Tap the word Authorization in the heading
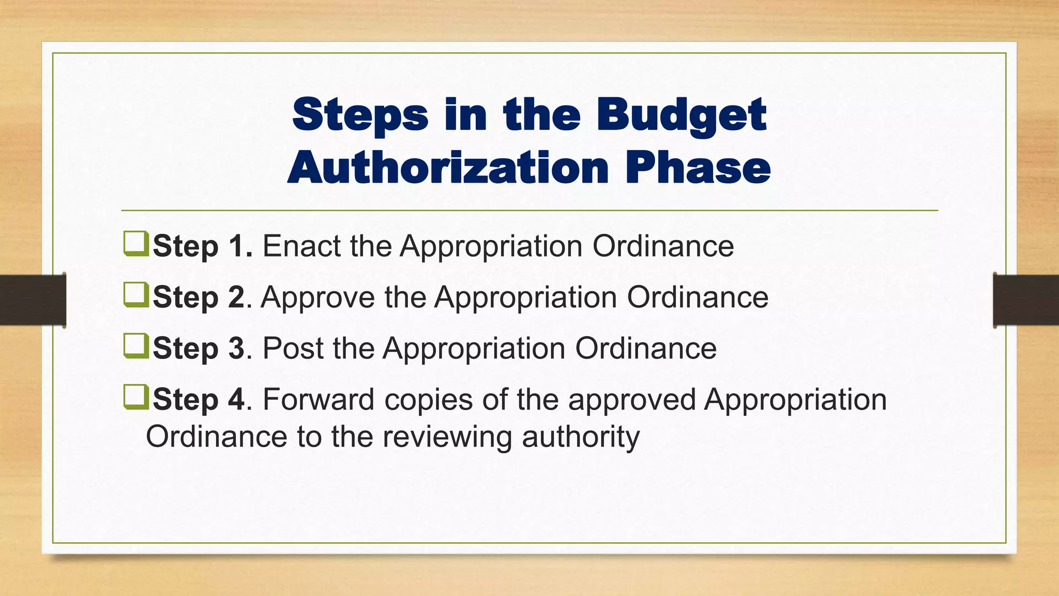coord(448,168)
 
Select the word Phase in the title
coord(698,168)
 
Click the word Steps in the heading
coord(360,115)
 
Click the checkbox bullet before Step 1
coord(136,244)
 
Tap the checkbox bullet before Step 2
coord(136,295)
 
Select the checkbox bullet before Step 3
coord(136,346)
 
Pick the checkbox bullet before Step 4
coord(136,397)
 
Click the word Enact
coord(301,246)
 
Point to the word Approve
coord(317,297)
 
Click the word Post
coord(293,348)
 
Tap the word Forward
coord(318,399)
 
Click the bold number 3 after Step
coord(236,348)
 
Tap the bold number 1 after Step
coord(239,246)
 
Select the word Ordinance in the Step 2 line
coord(698,297)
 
